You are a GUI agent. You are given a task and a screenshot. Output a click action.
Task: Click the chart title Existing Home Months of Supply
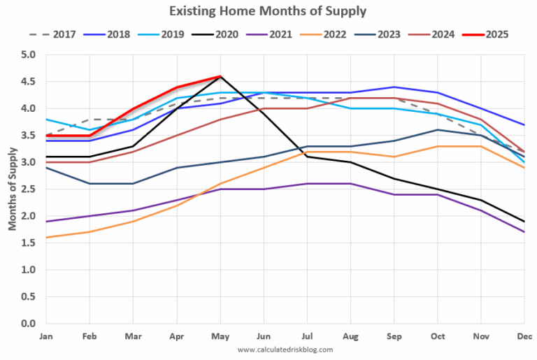[268, 11]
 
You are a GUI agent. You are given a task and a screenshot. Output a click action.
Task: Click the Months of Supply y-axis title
[12, 189]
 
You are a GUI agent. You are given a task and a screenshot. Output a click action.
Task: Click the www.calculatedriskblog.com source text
[285, 350]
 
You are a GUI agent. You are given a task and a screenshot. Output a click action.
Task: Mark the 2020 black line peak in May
[220, 77]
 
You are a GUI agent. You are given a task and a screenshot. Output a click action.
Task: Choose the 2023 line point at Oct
[437, 130]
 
